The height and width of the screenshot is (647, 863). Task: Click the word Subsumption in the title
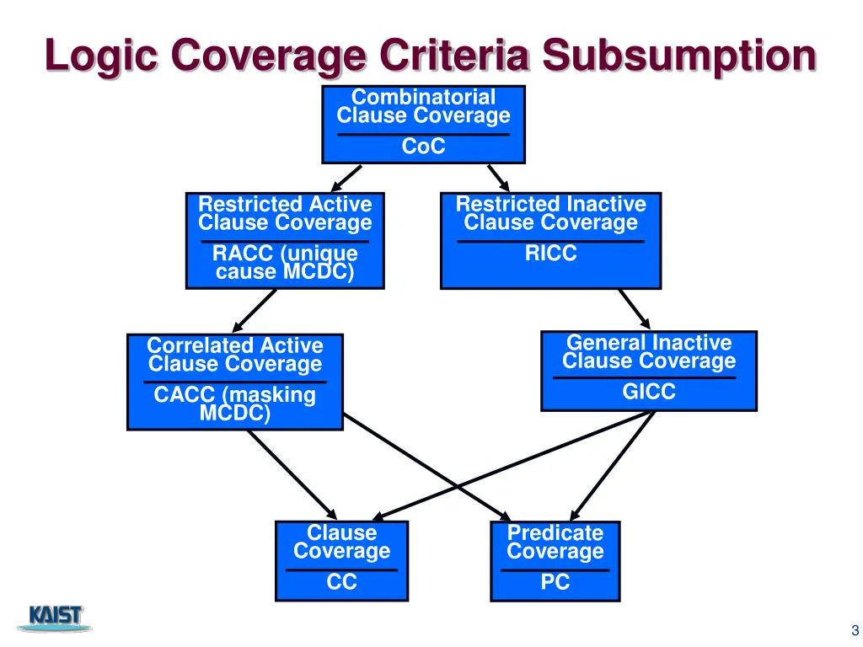pyautogui.click(x=679, y=57)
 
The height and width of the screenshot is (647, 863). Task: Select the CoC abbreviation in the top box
pyautogui.click(x=423, y=147)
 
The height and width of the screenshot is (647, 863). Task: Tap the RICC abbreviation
pyautogui.click(x=550, y=254)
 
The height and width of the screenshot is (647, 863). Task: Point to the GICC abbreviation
pyautogui.click(x=648, y=392)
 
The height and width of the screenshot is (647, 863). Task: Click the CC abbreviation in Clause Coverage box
pyautogui.click(x=341, y=582)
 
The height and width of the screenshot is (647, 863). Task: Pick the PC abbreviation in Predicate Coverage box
pyautogui.click(x=555, y=582)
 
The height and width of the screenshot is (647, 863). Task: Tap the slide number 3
pyautogui.click(x=855, y=630)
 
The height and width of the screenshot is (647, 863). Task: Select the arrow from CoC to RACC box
pyautogui.click(x=346, y=178)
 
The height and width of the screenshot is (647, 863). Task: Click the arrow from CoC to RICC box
pyautogui.click(x=498, y=178)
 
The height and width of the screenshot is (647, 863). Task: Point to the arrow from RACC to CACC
pyautogui.click(x=254, y=311)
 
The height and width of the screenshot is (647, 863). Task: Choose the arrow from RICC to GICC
pyautogui.click(x=635, y=308)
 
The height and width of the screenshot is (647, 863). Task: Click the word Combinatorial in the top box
pyautogui.click(x=423, y=98)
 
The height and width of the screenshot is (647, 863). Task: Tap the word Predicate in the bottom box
pyautogui.click(x=555, y=533)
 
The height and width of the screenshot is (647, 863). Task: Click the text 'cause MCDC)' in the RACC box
pyautogui.click(x=284, y=271)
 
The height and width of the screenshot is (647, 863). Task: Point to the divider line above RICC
pyautogui.click(x=550, y=242)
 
